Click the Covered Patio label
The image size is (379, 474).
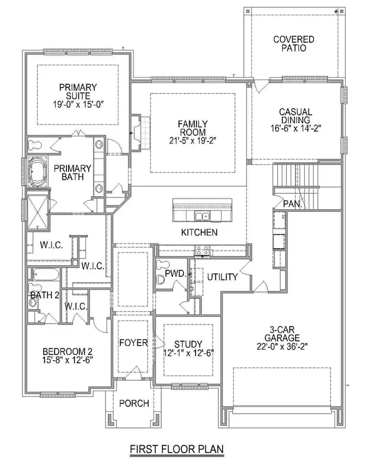click(x=293, y=44)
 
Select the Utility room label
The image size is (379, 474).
click(x=222, y=277)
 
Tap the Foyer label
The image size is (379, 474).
click(x=133, y=343)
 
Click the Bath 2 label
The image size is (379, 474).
click(x=43, y=294)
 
